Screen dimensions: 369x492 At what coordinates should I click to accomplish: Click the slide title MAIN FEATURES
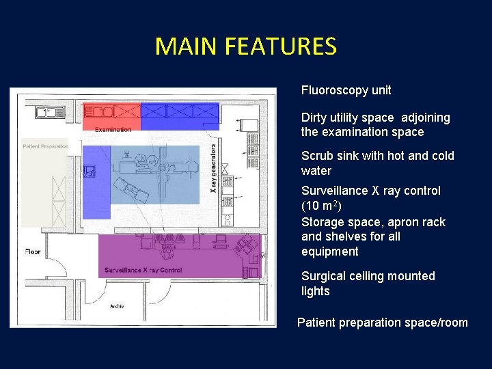coord(245,46)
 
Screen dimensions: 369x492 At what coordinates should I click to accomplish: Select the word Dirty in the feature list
coord(314,118)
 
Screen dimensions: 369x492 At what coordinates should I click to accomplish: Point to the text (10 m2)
coord(321,206)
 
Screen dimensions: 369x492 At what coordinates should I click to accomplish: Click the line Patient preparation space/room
coord(383,323)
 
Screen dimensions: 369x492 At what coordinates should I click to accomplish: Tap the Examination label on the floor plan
coord(113,130)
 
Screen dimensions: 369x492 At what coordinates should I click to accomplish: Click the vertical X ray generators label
coord(214,167)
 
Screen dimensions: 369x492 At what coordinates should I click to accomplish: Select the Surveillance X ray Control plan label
coord(143,271)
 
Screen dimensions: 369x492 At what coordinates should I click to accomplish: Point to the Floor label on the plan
coord(33,251)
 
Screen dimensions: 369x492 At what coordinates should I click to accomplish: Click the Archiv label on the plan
coord(117,306)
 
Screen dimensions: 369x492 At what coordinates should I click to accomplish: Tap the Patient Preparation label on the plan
coord(45,146)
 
